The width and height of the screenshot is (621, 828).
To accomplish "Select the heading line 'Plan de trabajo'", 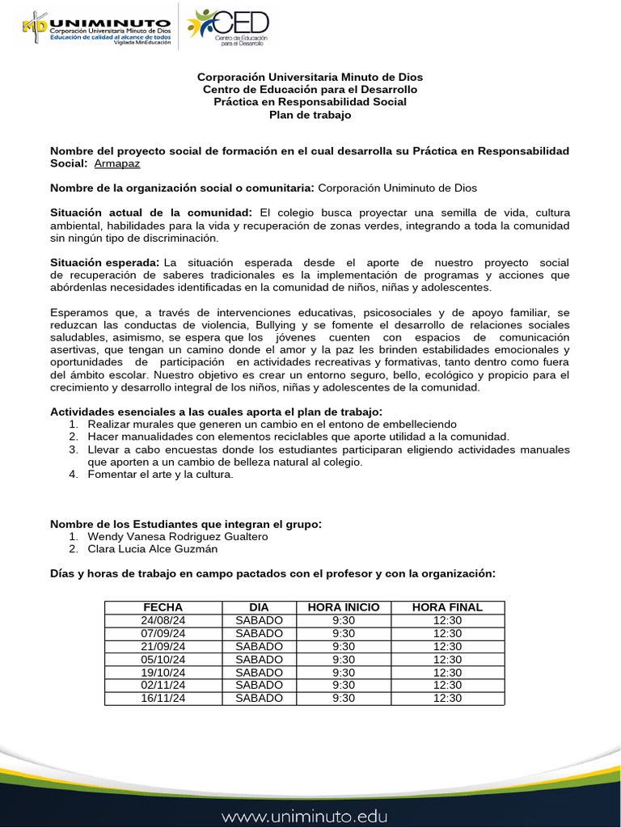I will pos(310,115).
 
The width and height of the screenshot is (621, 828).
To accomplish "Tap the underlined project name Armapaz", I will pos(116,163).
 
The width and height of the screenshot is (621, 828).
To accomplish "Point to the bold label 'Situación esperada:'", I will pos(105,263).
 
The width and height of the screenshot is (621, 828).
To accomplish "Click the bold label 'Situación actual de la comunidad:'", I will pos(151,213).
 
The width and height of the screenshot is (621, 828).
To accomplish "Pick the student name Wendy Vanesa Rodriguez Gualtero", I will pos(177,536).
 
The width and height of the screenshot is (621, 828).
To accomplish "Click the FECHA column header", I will pos(163,607).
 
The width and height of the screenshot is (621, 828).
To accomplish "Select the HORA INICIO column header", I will pos(344,607).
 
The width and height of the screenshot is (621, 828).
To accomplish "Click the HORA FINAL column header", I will pos(447,607).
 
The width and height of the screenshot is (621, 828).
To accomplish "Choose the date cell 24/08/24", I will pos(163,620).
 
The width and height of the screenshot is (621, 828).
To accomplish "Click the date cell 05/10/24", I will pos(163,659).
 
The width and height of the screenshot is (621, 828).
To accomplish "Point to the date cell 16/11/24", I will pos(163,698).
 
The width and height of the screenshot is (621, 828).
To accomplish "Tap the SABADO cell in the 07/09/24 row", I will pos(259,633).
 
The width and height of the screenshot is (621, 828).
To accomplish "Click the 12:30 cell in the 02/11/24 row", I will pos(447,685).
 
